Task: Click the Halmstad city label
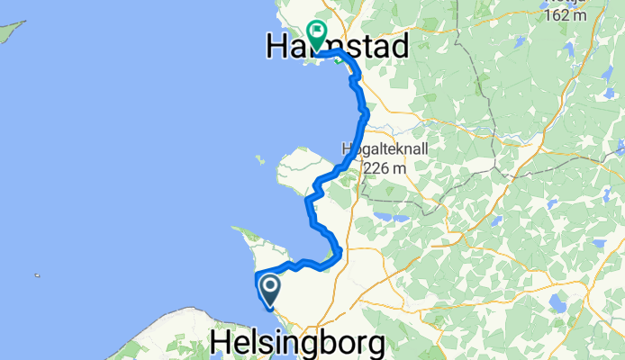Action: pos(337,46)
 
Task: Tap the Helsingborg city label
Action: pos(297,343)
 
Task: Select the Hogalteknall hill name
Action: pos(383,149)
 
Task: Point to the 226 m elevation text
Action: pos(386,167)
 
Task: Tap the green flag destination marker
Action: pos(317,34)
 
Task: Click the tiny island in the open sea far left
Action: pos(37,275)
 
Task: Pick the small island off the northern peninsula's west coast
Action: pos(258,159)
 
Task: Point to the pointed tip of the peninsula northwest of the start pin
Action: pos(236,229)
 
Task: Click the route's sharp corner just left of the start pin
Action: pos(257,274)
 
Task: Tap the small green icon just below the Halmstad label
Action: pos(337,61)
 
